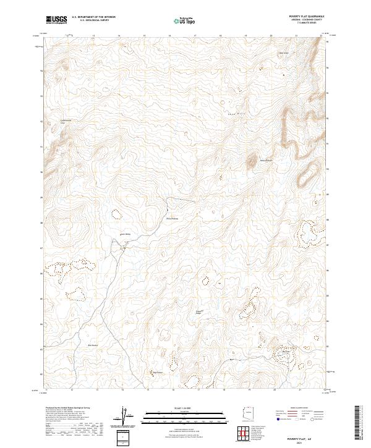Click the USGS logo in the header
56,20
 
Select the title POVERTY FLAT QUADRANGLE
307,17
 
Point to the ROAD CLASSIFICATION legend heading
297,409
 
